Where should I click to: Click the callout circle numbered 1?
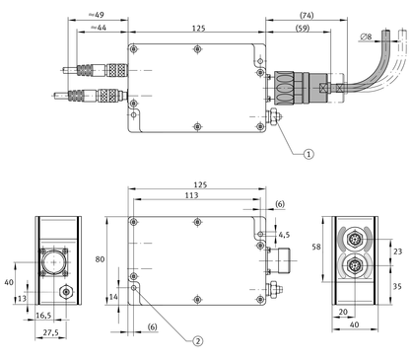tap(309, 154)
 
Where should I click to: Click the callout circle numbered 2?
tap(197, 341)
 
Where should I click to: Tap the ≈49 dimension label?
tap(97, 15)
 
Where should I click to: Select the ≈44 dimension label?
tap(99, 28)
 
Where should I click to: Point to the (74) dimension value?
tap(307, 15)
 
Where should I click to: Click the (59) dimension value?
tap(303, 28)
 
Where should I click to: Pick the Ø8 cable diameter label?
tap(366, 36)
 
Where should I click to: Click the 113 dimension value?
tap(191, 195)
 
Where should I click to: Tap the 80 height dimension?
tap(100, 259)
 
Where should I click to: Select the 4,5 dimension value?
tap(284, 235)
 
